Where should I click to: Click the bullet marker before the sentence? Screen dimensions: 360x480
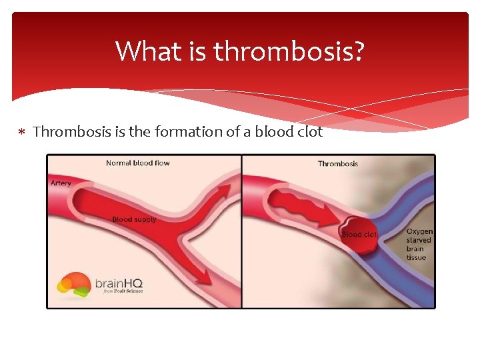click(x=22, y=132)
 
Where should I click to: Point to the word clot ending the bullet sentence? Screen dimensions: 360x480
click(x=307, y=132)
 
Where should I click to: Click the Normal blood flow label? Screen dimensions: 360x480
click(x=138, y=163)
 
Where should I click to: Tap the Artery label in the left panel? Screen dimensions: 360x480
click(x=61, y=183)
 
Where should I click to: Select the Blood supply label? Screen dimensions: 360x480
click(x=134, y=219)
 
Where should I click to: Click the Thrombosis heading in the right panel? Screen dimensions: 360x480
click(x=338, y=164)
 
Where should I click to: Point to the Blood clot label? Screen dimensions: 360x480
click(x=359, y=235)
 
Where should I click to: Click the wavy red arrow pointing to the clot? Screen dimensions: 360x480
click(x=293, y=203)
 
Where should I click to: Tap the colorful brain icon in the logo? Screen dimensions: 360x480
click(x=73, y=283)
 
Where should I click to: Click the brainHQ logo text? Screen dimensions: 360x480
click(x=119, y=283)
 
